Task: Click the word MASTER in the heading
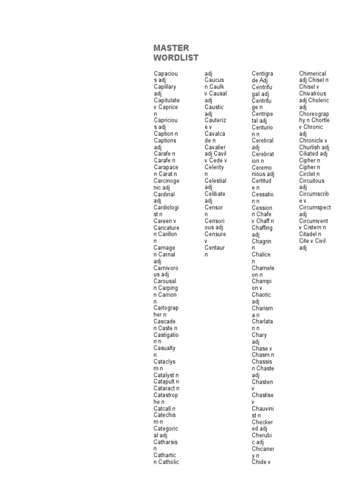tap(171, 48)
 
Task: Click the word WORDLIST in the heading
tap(176, 58)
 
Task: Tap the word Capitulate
tap(166, 100)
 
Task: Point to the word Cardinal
tap(164, 194)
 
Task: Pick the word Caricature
tap(166, 227)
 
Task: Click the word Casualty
tap(165, 348)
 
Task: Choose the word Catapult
tap(165, 382)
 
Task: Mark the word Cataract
tap(165, 388)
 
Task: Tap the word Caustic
tap(214, 107)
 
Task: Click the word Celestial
tap(215, 180)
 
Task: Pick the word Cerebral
tap(262, 141)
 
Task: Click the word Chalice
tap(261, 255)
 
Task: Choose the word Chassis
tap(262, 362)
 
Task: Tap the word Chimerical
tap(313, 74)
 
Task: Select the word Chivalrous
tap(312, 94)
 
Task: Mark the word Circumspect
tap(315, 207)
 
